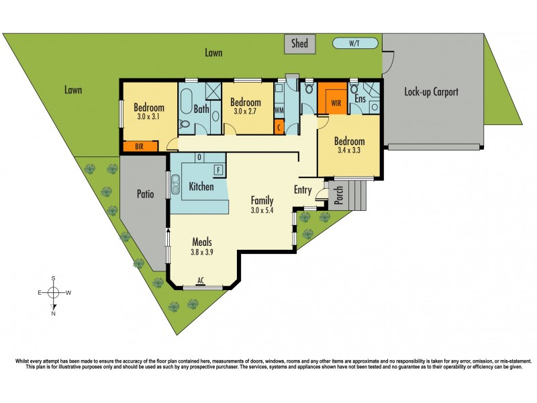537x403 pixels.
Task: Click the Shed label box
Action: pyautogui.click(x=299, y=44)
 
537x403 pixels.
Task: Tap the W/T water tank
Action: pyautogui.click(x=355, y=44)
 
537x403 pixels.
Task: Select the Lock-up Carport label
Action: pyautogui.click(x=431, y=92)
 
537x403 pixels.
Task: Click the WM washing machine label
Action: pyautogui.click(x=279, y=109)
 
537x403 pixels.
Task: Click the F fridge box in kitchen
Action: pyautogui.click(x=217, y=169)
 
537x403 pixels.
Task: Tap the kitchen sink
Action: pyautogui.click(x=176, y=185)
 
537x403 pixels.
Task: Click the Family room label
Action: pyautogui.click(x=262, y=200)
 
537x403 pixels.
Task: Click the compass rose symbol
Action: pyautogui.click(x=54, y=292)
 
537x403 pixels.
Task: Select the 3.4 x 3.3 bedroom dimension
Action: pyautogui.click(x=349, y=151)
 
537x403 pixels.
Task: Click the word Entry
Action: pyautogui.click(x=303, y=190)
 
